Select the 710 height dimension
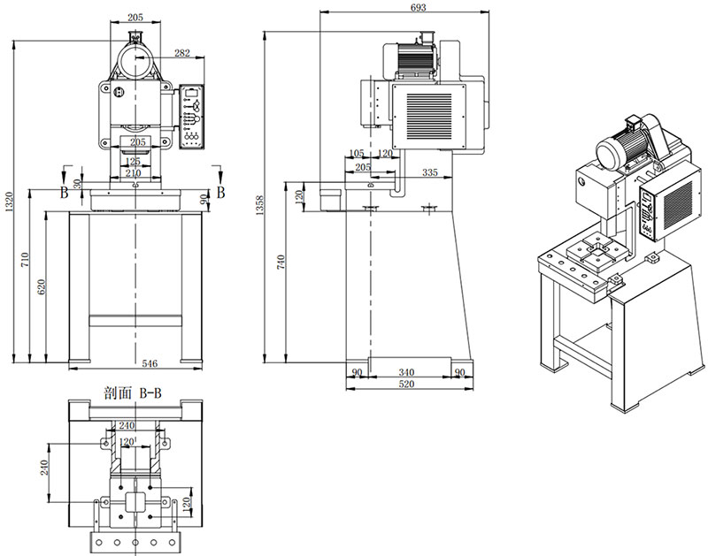[27, 260]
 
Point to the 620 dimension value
[41, 288]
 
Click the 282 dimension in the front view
[183, 54]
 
